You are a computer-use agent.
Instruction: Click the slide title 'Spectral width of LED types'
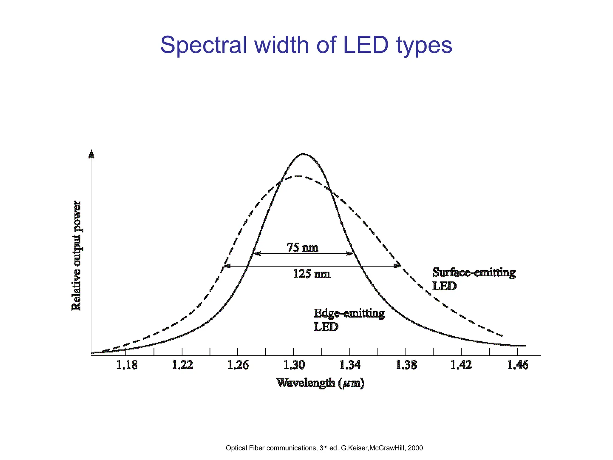coord(306,45)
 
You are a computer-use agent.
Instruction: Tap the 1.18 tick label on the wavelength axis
coord(127,365)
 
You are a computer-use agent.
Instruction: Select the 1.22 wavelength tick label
coord(183,365)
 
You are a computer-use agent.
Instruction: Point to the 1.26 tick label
coord(238,365)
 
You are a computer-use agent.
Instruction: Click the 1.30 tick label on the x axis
coord(294,365)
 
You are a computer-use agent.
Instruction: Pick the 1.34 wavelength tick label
coord(350,365)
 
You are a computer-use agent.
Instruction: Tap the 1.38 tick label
coord(406,365)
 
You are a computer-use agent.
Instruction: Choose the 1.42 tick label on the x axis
coord(462,365)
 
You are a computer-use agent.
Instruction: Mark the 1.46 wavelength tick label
coord(518,365)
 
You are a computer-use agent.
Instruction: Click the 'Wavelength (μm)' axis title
coord(320,383)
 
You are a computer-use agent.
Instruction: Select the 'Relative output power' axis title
coord(76,256)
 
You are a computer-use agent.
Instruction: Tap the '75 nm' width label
coord(303,248)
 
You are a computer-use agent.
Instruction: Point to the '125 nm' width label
coord(312,273)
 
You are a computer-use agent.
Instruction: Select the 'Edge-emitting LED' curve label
coord(349,320)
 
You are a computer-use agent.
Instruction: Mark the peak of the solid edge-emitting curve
coord(303,154)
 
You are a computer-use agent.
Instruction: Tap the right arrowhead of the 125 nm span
coord(398,266)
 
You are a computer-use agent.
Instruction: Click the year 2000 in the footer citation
coord(415,448)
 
